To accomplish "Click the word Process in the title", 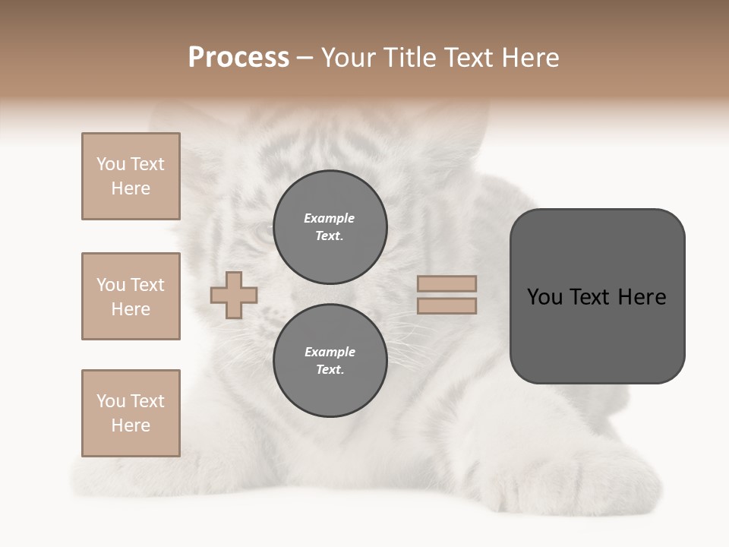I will coord(238,58).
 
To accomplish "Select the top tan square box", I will coord(131,176).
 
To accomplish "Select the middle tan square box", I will coord(131,296).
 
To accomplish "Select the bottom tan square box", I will coord(131,413).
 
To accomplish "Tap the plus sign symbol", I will coord(234,295).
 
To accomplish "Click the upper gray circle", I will coord(330,227).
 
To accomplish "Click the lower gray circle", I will coord(330,361).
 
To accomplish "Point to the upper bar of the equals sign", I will coord(447,283).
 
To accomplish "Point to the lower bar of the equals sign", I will coord(447,305).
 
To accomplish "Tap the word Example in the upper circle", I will coord(329,218).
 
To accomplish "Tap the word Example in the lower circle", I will coord(330,352).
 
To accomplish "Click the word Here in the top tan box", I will coord(131,188).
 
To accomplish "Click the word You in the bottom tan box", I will coord(111,401).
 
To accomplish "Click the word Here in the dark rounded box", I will coord(642,297).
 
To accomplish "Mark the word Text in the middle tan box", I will coord(147,285).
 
